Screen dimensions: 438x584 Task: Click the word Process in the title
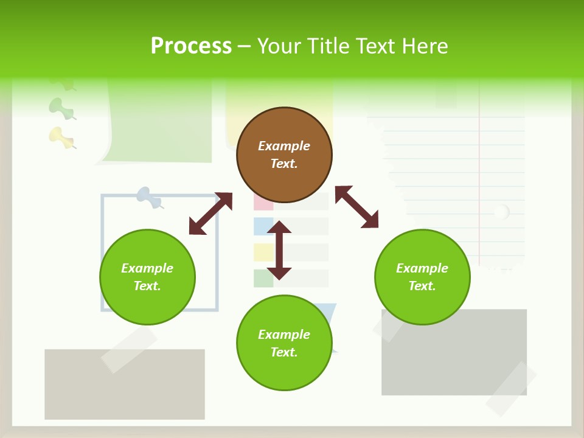tap(191, 46)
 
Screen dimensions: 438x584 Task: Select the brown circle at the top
tap(284, 155)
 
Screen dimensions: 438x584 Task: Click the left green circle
tap(147, 277)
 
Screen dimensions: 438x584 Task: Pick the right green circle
tap(422, 277)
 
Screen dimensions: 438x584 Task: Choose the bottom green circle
tap(284, 343)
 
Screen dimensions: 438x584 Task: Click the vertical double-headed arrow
tap(279, 250)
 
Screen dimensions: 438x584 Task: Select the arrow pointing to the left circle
tap(210, 214)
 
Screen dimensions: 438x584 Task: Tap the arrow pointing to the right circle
tap(356, 207)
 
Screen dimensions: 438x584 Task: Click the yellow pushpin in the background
tap(61, 137)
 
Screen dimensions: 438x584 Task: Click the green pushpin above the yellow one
tap(61, 108)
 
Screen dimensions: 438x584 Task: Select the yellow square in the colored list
tap(263, 252)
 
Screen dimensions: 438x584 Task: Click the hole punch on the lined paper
tap(501, 212)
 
